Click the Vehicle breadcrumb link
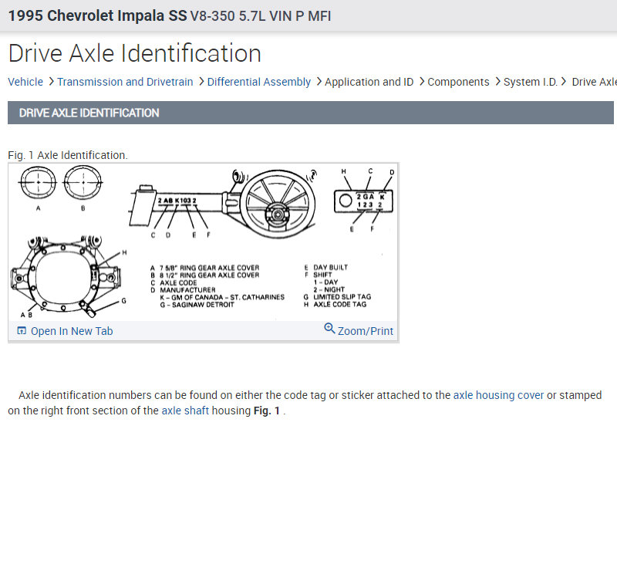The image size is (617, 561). coord(25,82)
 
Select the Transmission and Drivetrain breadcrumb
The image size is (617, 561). coord(125,82)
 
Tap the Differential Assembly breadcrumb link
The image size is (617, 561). coord(259,82)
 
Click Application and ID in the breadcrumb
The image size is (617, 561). coord(369,82)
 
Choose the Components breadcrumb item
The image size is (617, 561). coord(458,82)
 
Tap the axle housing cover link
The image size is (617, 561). coord(498,395)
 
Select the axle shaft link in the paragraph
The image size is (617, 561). coord(185,411)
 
